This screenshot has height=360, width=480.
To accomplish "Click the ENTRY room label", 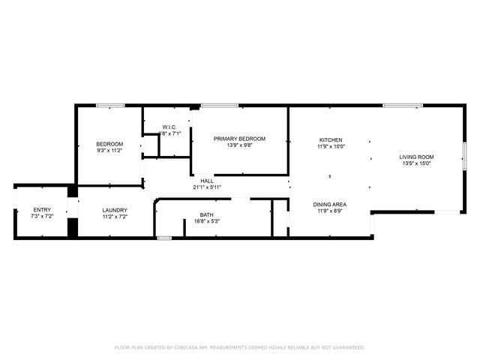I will point(42,210).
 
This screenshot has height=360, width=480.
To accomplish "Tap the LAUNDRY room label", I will point(115,210).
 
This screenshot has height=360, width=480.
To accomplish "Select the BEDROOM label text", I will point(109,144).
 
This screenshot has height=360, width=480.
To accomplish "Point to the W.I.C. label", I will point(169,127).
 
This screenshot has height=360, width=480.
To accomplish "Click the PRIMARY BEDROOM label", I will point(239,139).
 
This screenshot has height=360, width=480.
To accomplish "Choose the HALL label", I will point(207,181).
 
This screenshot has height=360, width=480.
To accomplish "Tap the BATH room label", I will point(207,214).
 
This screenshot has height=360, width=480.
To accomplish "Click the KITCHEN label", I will point(331,140).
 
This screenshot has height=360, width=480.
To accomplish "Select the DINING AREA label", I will point(329,204).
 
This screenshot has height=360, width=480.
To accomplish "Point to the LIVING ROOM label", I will point(418,157).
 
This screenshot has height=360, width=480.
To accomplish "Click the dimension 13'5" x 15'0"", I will point(418,163).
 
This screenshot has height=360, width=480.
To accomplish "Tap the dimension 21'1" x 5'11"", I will point(207,187).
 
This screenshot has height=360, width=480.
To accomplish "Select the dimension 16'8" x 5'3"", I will point(207,221).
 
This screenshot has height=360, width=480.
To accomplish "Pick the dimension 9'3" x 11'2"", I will point(109,151).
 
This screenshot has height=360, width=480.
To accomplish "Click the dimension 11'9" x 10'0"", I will point(331,147).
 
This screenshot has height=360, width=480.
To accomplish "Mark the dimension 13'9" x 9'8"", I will point(239,145).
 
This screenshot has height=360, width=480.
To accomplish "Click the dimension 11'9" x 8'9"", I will point(329,211).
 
